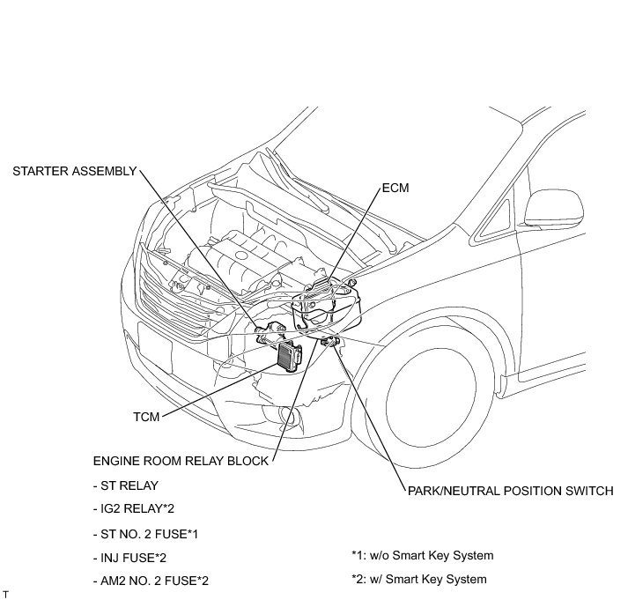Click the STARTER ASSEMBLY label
75,171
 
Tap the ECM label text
395,189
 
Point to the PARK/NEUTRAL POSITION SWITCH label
508,492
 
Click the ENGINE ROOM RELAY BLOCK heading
180,461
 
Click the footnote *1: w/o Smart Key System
422,556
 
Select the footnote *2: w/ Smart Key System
418,580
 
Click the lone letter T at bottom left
5,594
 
